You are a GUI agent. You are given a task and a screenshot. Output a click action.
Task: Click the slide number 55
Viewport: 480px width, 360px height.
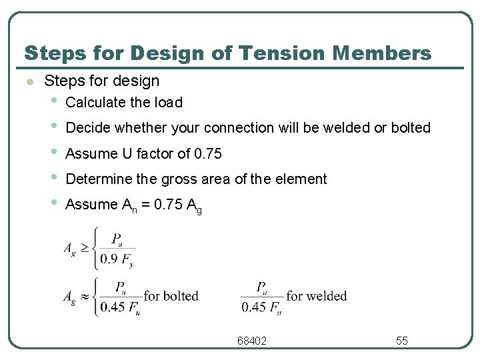pyautogui.click(x=401, y=341)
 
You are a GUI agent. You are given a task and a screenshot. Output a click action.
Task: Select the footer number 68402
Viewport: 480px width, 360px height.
pyautogui.click(x=252, y=341)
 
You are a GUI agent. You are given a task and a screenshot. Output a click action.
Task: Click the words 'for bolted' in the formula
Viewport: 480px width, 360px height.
pyautogui.click(x=171, y=296)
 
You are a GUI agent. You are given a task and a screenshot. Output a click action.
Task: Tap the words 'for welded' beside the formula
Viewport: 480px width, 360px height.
pyautogui.click(x=316, y=296)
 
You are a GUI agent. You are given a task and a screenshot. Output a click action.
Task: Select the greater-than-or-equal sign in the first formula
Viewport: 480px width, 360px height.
pyautogui.click(x=86, y=247)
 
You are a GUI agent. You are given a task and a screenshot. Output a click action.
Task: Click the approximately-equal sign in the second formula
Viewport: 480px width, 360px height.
pyautogui.click(x=86, y=296)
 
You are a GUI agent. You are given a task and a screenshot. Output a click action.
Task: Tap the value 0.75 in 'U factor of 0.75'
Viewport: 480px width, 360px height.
pyautogui.click(x=207, y=153)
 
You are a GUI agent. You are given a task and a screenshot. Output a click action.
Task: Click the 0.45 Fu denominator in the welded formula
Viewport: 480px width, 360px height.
pyautogui.click(x=261, y=307)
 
